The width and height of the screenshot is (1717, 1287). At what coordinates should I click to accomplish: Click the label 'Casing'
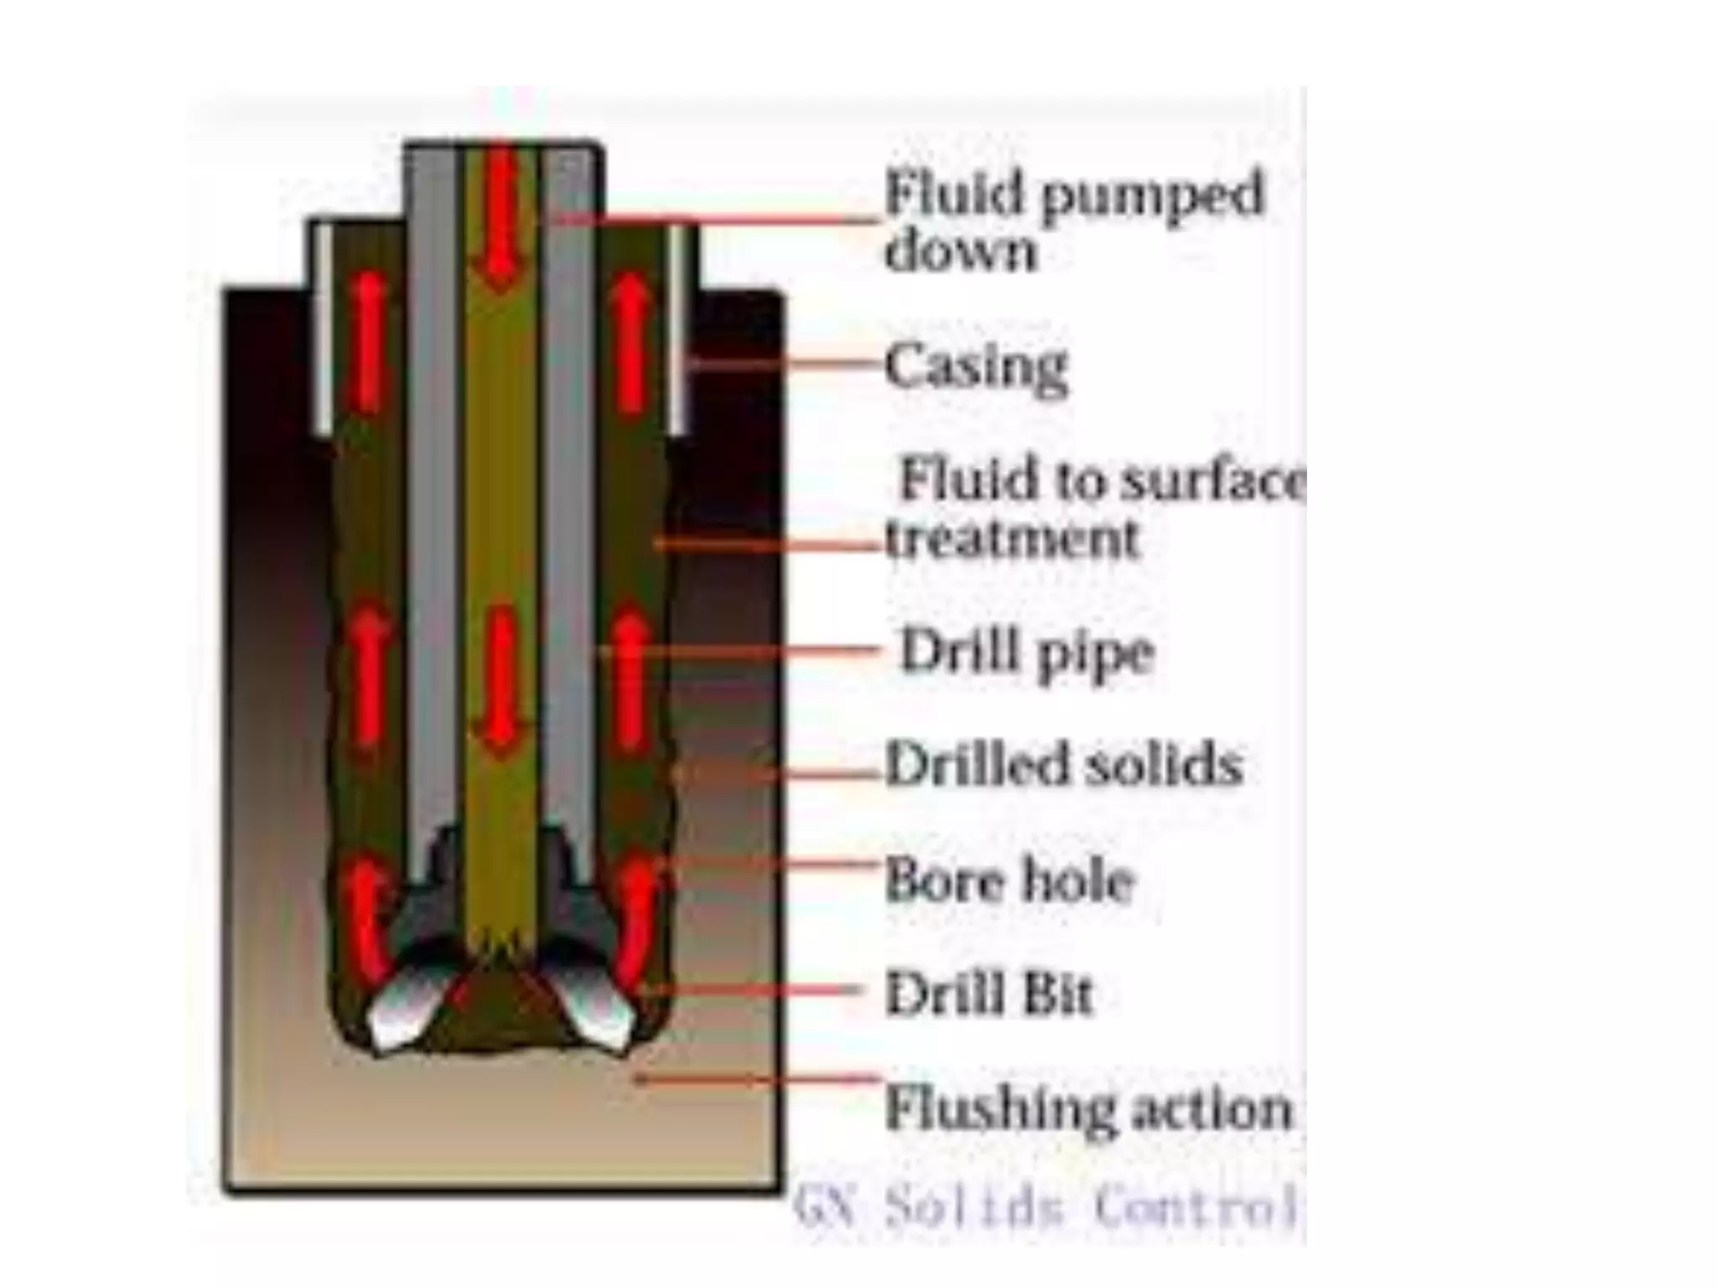click(976, 367)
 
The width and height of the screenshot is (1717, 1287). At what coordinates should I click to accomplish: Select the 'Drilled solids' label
click(1063, 764)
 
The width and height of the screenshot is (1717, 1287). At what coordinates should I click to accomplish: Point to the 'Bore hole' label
click(1009, 880)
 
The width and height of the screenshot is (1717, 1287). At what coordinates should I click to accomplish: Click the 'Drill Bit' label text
click(989, 994)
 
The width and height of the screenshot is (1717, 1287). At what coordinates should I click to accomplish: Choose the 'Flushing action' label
click(1088, 1109)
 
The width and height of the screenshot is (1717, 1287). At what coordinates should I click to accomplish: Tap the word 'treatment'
click(1013, 539)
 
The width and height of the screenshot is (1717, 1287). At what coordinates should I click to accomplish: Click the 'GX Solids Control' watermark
click(1044, 1207)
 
